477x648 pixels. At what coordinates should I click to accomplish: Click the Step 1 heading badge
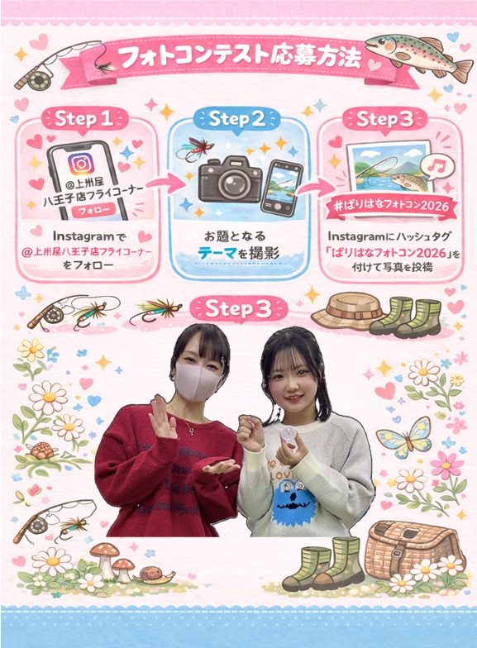click(x=85, y=119)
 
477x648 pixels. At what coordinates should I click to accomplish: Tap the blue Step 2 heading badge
click(x=236, y=119)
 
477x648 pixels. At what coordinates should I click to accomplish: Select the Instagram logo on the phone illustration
click(x=81, y=164)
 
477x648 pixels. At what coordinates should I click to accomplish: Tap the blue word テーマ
click(x=217, y=253)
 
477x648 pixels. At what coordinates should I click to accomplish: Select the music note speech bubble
click(x=436, y=167)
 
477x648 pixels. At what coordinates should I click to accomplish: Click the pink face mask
click(x=198, y=380)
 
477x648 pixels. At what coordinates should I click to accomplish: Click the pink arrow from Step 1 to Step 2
click(x=165, y=184)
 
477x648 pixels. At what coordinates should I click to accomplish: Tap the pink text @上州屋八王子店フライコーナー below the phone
click(x=87, y=251)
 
